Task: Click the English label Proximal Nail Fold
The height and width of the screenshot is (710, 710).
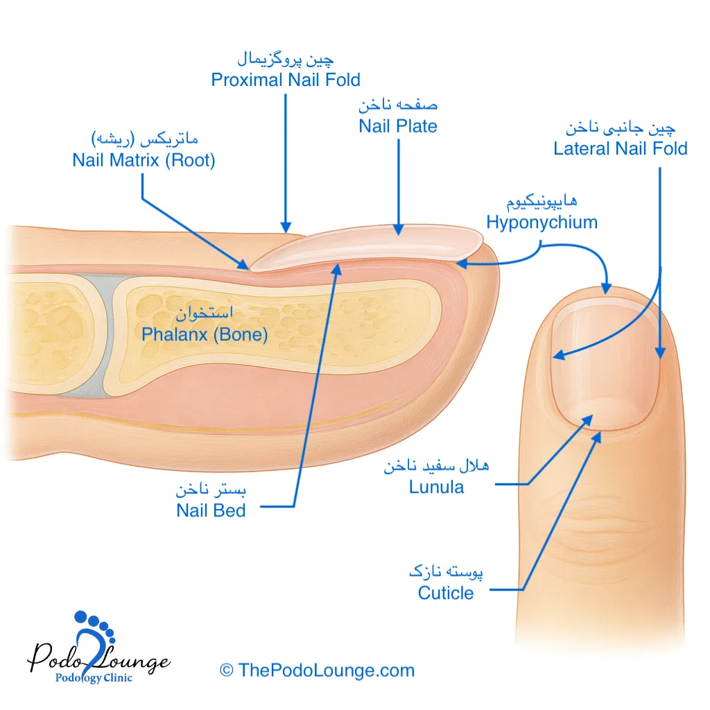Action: click(x=286, y=80)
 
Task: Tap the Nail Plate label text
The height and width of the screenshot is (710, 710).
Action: click(x=398, y=126)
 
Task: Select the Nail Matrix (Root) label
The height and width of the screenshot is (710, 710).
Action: click(x=144, y=160)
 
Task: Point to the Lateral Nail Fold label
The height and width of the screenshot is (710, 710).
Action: click(x=620, y=148)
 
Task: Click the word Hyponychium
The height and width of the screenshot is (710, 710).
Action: click(x=542, y=223)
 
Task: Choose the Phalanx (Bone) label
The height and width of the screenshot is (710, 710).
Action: click(x=205, y=334)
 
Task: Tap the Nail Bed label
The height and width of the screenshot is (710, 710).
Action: click(x=211, y=511)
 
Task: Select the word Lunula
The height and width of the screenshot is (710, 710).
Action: click(x=436, y=487)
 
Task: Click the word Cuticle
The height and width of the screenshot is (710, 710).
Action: click(x=446, y=594)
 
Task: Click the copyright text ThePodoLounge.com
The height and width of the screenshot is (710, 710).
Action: click(x=317, y=670)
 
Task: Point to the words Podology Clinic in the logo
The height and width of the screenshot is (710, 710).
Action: click(x=94, y=678)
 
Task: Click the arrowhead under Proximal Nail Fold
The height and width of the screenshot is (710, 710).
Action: click(x=285, y=226)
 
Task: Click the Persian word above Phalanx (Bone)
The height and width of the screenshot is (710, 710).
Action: click(x=204, y=314)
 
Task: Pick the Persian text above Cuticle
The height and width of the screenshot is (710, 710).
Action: click(x=446, y=573)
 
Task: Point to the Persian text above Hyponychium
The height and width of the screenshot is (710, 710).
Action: click(x=542, y=202)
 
